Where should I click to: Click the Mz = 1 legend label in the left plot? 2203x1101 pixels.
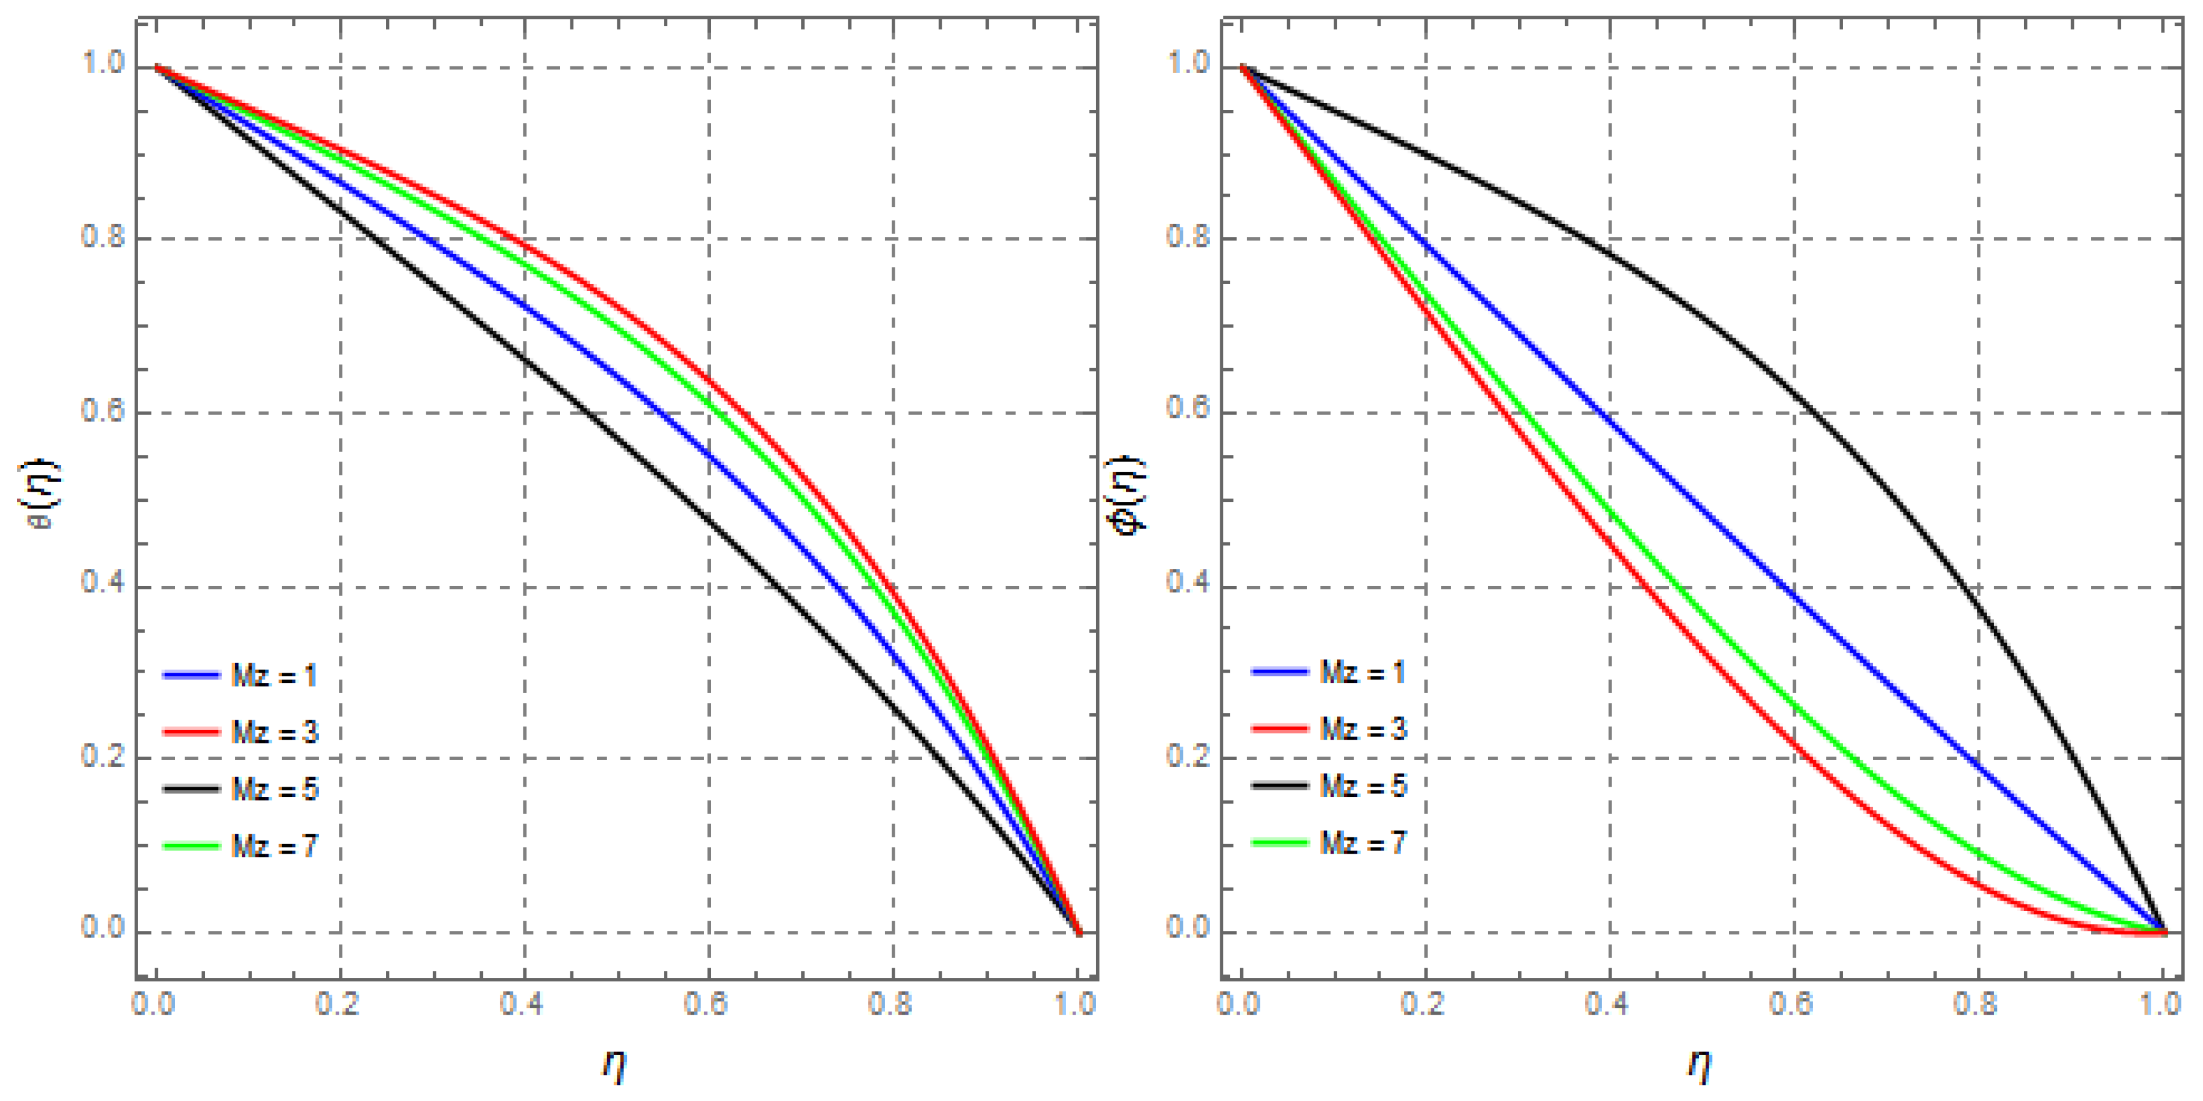(274, 676)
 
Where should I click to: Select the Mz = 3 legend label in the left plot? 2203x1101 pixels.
(274, 732)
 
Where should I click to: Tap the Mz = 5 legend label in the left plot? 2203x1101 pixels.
(274, 788)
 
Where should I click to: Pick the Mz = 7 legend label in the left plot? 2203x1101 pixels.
(274, 846)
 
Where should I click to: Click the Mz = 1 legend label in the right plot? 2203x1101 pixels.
(1363, 673)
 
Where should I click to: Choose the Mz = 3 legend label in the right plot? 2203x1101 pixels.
(1363, 729)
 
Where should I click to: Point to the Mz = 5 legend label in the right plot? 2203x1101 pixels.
(1363, 785)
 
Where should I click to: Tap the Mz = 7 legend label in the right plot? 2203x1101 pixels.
(1363, 843)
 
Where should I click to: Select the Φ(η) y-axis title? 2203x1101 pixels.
(1128, 495)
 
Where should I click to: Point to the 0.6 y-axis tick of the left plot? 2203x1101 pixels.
(102, 411)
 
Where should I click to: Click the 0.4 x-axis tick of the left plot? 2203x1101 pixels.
(523, 1003)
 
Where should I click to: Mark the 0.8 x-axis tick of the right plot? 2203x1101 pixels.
(1976, 1003)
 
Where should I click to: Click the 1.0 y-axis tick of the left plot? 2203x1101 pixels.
(102, 64)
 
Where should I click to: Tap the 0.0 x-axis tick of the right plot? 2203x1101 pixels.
(1239, 1003)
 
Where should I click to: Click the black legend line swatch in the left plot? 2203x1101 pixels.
(191, 788)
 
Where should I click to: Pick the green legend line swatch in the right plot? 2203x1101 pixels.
(1279, 843)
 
